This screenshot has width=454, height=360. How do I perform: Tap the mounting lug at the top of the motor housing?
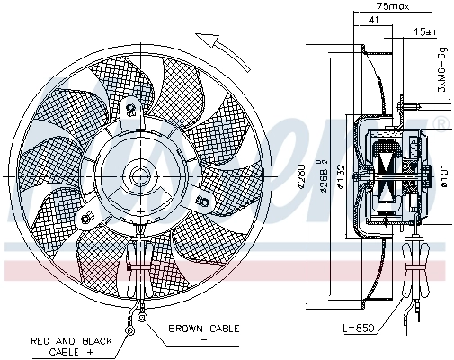tap(131, 112)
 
